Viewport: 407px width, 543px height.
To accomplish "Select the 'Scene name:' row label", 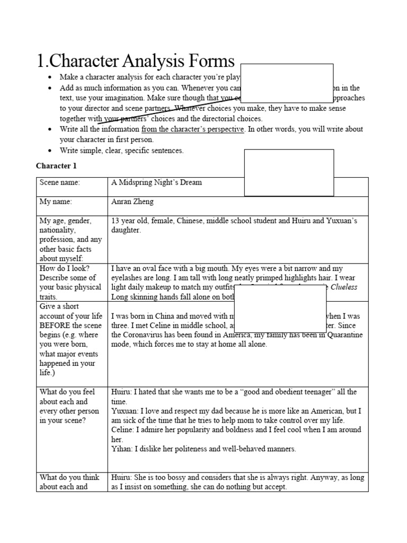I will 59,182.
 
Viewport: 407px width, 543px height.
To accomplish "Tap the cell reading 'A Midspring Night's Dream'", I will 156,182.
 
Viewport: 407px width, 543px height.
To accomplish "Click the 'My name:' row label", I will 56,202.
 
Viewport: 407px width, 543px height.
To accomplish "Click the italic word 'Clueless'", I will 344,287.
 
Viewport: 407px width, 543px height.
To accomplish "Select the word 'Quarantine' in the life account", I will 344,335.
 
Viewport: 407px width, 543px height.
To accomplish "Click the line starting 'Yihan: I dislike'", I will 203,449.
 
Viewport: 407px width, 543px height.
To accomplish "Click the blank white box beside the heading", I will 287,83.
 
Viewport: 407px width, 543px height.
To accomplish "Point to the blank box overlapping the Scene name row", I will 289,172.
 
